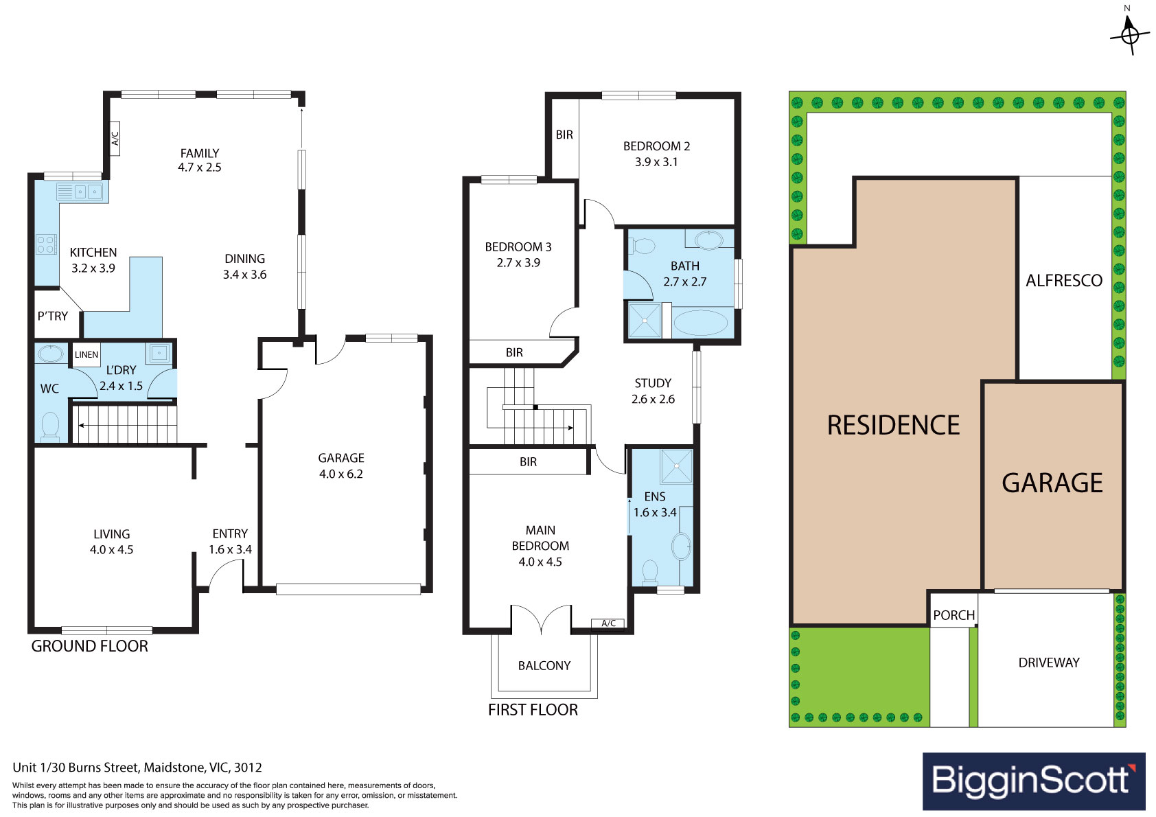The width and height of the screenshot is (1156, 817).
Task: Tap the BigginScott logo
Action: click(1034, 781)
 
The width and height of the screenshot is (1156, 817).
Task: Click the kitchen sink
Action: click(88, 192)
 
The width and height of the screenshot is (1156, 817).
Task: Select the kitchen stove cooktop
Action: click(46, 244)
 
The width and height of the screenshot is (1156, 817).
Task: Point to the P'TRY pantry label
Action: click(53, 316)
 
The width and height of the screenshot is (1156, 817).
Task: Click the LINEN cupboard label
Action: click(86, 354)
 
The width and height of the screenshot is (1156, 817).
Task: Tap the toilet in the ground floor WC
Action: click(50, 426)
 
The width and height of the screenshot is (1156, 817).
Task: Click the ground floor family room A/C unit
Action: click(115, 138)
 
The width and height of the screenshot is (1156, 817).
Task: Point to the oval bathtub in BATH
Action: click(700, 323)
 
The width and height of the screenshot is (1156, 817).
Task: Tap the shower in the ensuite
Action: click(676, 467)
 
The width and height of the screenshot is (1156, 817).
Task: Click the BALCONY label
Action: click(544, 665)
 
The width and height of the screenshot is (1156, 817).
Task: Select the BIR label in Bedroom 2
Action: click(564, 135)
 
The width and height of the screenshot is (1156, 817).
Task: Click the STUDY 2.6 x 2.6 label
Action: click(653, 391)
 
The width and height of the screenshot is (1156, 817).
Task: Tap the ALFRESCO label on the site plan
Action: click(1063, 280)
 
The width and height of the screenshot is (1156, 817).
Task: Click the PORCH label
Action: click(953, 615)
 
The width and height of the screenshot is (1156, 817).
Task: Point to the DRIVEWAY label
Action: click(1049, 662)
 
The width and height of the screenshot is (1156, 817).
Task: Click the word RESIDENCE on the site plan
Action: click(893, 425)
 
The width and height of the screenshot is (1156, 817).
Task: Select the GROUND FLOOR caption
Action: click(89, 645)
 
